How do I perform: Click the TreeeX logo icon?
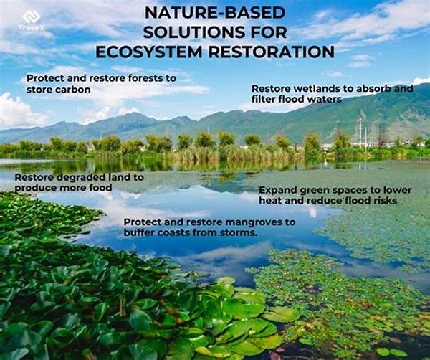pyautogui.click(x=30, y=16)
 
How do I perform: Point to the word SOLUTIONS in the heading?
pyautogui.click(x=187, y=32)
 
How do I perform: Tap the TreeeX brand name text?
pyautogui.click(x=30, y=28)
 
